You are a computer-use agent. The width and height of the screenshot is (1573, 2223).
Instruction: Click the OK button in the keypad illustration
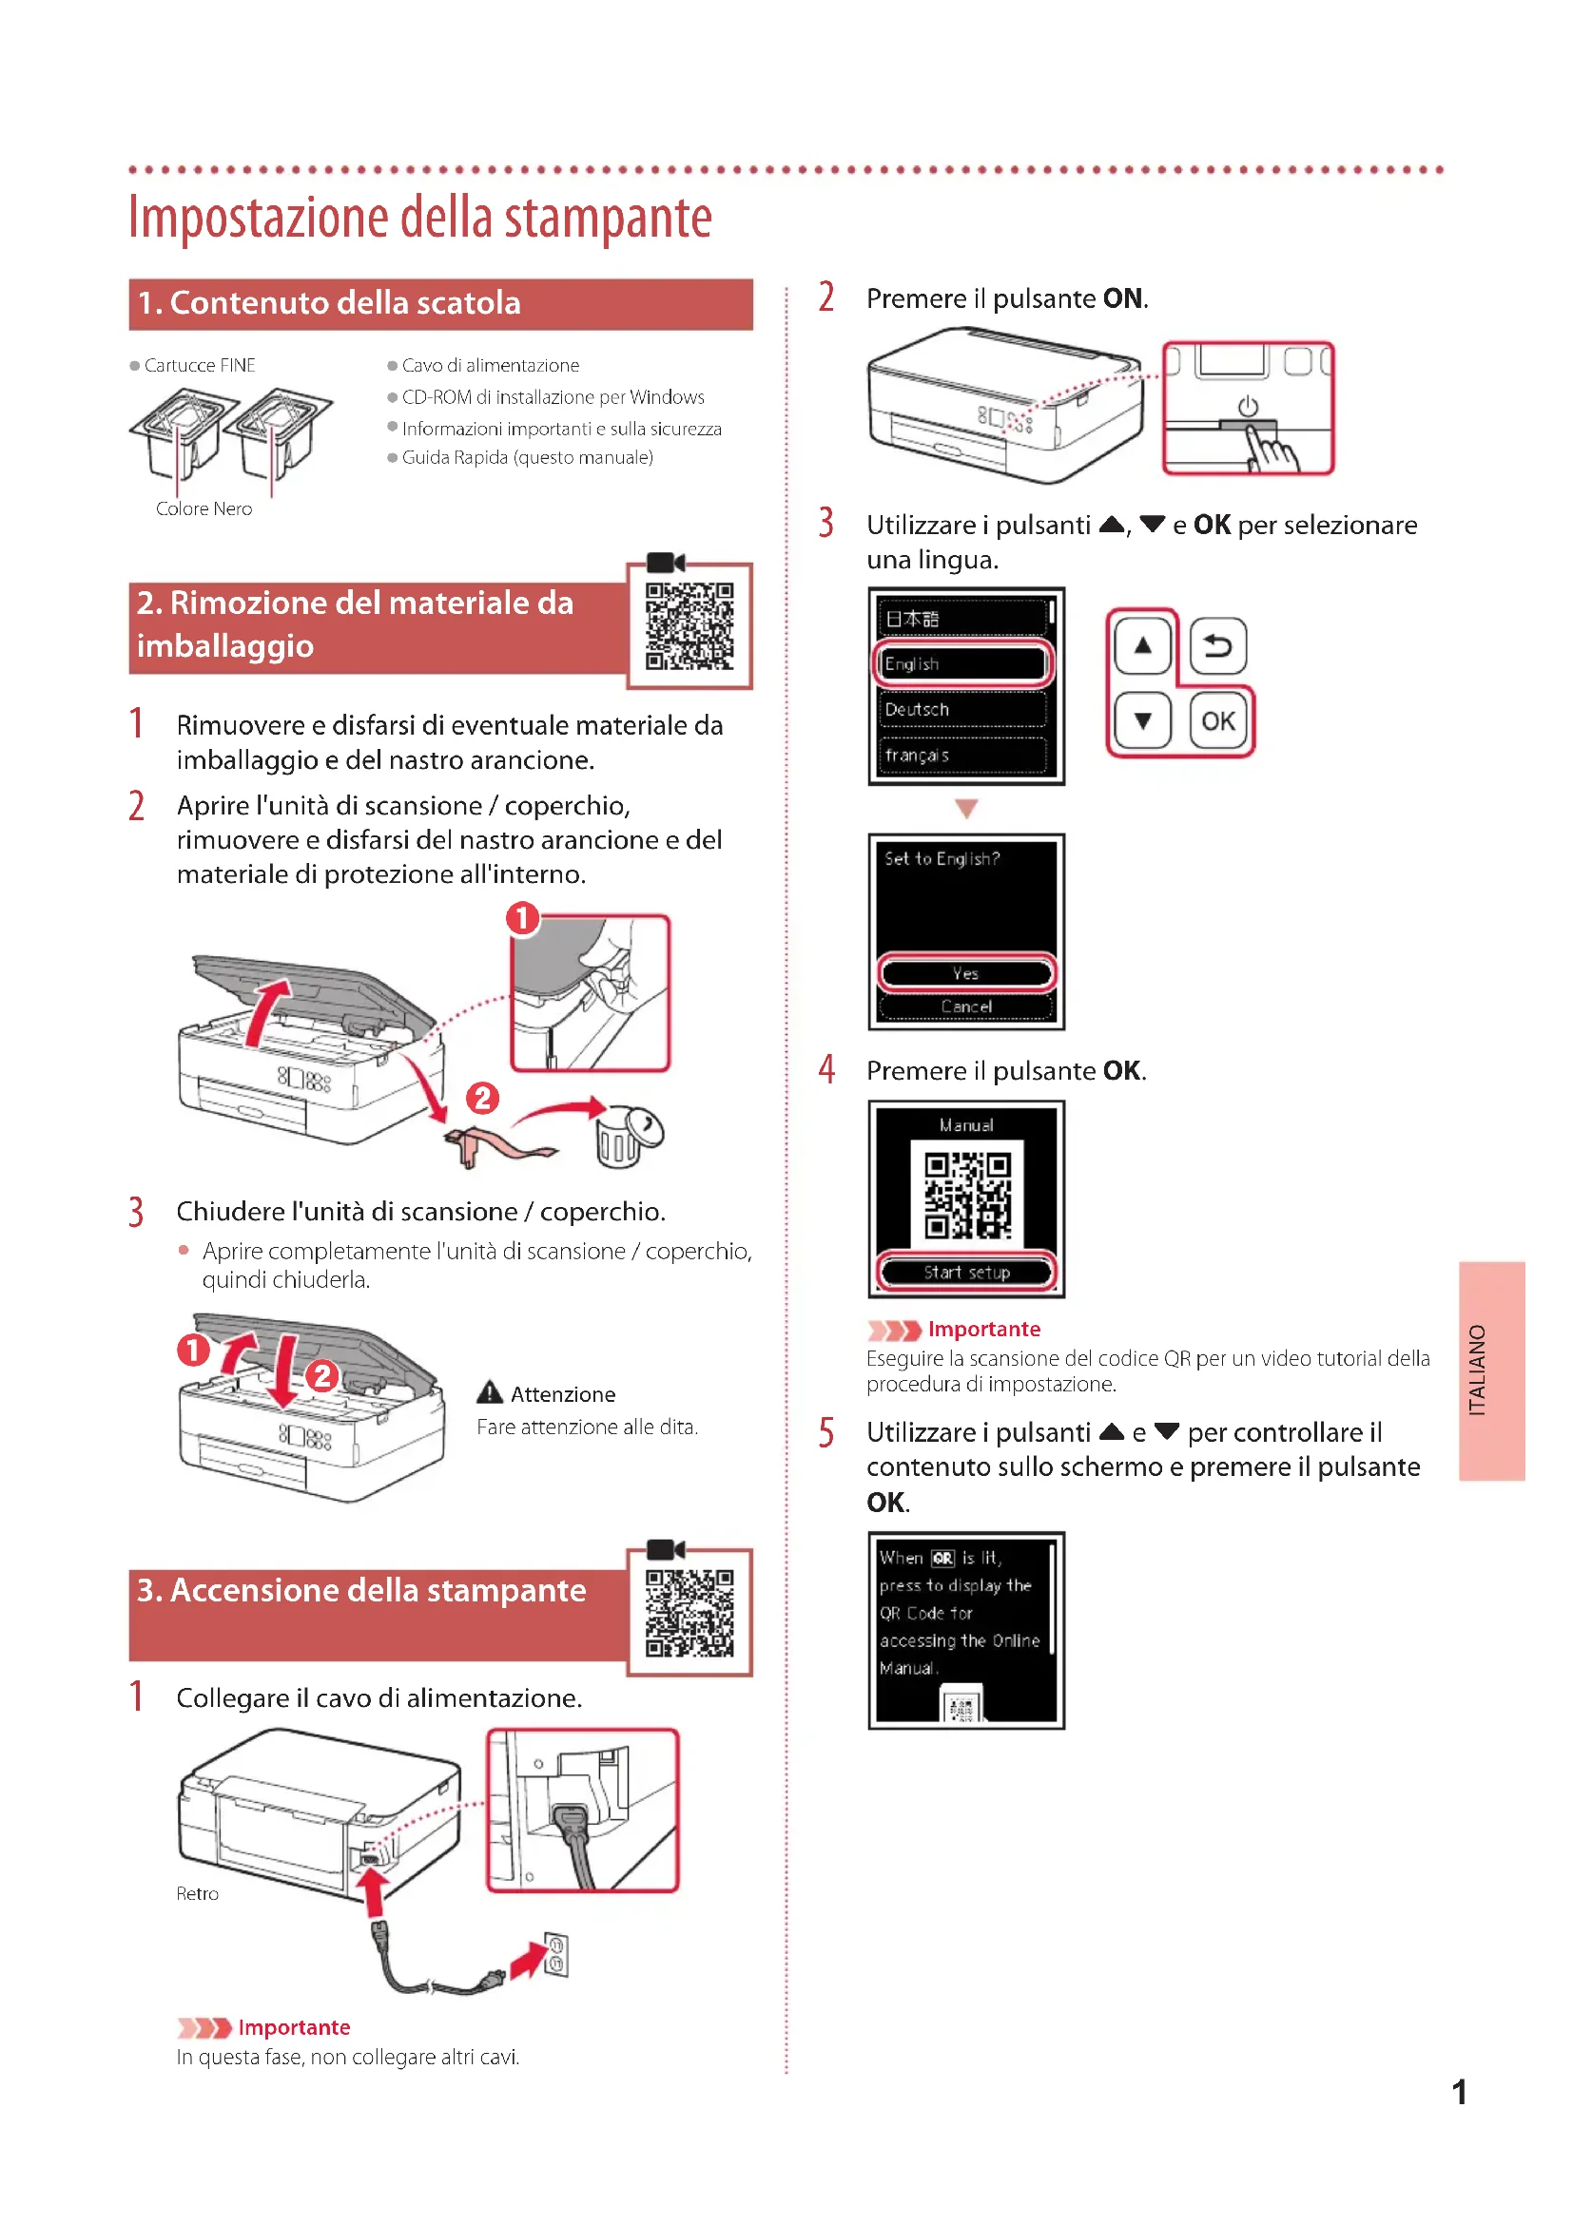(1217, 721)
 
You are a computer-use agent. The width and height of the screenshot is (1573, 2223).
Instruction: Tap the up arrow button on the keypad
(1143, 645)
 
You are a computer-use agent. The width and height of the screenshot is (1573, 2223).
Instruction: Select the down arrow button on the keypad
(1143, 721)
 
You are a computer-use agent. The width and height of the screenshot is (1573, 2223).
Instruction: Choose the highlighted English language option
(962, 664)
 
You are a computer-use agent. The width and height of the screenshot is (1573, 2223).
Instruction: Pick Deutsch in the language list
(962, 710)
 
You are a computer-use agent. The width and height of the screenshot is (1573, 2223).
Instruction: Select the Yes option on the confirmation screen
(965, 973)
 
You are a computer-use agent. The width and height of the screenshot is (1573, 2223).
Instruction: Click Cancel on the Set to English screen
(965, 1006)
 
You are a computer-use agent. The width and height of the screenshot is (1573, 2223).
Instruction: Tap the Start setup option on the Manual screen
(965, 1273)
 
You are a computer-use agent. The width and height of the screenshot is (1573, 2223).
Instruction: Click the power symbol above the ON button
(1248, 407)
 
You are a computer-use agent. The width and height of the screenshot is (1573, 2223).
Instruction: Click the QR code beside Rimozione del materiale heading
(689, 626)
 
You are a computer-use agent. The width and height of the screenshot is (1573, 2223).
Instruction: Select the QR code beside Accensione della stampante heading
(689, 1613)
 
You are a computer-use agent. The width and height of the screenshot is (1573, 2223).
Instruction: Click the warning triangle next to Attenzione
(490, 1392)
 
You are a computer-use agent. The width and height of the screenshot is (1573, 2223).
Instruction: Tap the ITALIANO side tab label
(1476, 1370)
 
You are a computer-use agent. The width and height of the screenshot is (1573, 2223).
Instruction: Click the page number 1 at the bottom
(1459, 2092)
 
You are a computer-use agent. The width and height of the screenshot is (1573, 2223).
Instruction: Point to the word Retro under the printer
(198, 1894)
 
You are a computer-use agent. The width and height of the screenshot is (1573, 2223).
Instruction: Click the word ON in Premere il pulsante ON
(1122, 298)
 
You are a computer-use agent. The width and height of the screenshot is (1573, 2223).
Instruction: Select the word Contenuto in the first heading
(252, 303)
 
